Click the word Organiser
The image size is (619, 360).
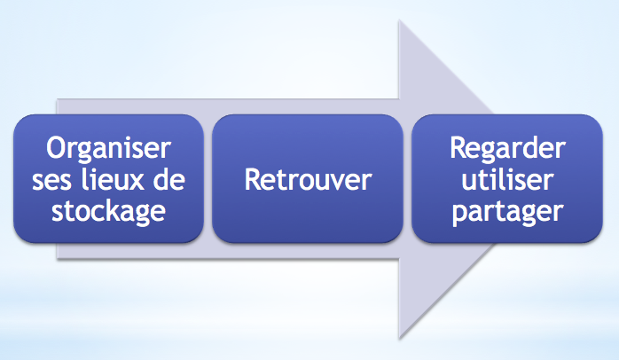click(108, 149)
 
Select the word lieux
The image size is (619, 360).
click(113, 179)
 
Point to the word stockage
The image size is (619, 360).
click(108, 211)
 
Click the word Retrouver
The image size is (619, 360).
click(308, 180)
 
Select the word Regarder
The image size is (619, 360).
click(507, 149)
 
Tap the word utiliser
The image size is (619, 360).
click(507, 179)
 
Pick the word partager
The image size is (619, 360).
click(507, 213)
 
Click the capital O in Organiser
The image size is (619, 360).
click(56, 148)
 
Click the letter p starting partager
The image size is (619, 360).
click(459, 215)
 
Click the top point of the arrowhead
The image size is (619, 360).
click(399, 20)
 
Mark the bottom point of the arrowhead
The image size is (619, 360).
click(399, 339)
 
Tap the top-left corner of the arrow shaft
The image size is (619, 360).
click(57, 99)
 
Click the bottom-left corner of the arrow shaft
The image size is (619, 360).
click(57, 259)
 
